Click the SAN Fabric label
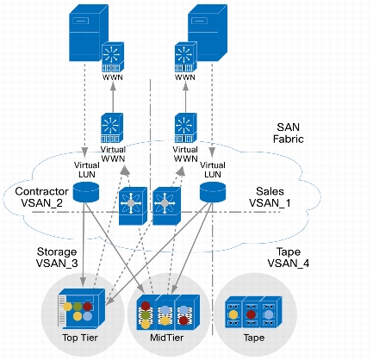tap(288, 133)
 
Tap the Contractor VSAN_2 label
tap(41, 197)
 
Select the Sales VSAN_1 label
tap(270, 197)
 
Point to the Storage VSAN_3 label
tap(57, 258)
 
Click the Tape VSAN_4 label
tap(289, 258)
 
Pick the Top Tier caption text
tap(80, 338)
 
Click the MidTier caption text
tap(166, 338)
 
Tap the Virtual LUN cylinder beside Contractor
tap(86, 192)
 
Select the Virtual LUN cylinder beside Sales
tap(213, 192)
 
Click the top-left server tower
tap(89, 33)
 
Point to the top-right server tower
tap(208, 33)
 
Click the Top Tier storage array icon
tap(82, 308)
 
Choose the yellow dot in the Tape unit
tap(233, 314)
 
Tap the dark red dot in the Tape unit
tap(252, 314)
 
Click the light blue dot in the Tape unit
tap(269, 314)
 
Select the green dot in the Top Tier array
tap(78, 307)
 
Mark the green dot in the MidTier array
tap(146, 315)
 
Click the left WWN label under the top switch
tap(113, 78)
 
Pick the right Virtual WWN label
tap(185, 154)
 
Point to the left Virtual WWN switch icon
tap(112, 128)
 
